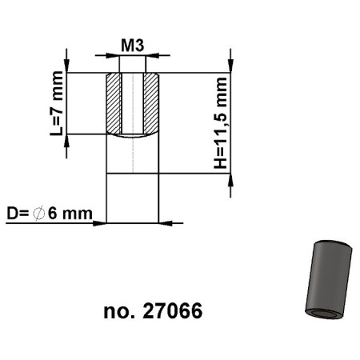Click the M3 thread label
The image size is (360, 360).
(x=132, y=45)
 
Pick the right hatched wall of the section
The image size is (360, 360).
(x=151, y=103)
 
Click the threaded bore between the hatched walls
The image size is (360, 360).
(x=132, y=103)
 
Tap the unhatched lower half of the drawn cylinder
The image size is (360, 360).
(x=132, y=196)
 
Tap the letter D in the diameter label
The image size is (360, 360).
(x=11, y=214)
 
